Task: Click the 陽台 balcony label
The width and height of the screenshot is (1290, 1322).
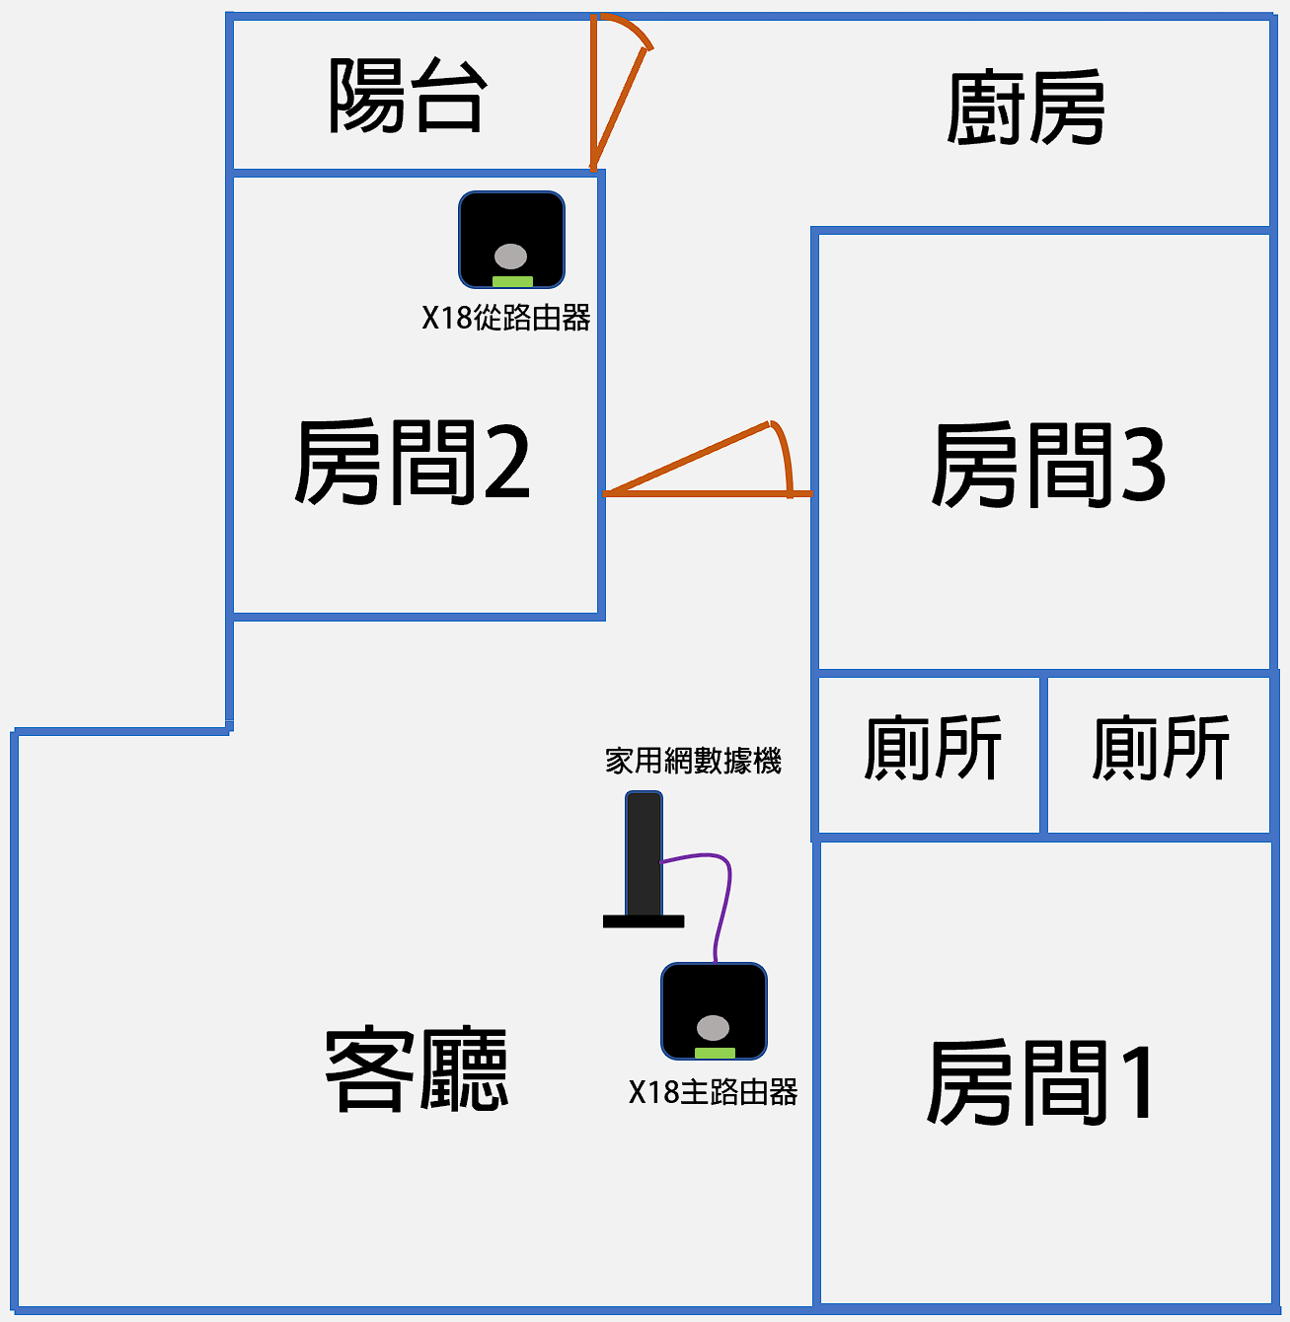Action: (407, 96)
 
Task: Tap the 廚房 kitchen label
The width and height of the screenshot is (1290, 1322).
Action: (1025, 109)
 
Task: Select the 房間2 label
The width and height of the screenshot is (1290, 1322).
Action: (413, 462)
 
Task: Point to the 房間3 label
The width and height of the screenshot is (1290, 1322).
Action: (1048, 466)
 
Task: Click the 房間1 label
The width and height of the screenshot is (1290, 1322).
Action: (1042, 1082)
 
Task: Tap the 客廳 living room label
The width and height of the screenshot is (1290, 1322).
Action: (417, 1069)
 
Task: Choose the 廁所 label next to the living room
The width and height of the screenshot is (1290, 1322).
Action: (933, 749)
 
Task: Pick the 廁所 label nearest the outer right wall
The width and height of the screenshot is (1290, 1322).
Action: (1161, 749)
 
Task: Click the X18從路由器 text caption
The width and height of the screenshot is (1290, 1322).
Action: (506, 318)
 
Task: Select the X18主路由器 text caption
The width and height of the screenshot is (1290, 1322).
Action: (713, 1092)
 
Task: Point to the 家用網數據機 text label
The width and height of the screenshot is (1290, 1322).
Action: (693, 761)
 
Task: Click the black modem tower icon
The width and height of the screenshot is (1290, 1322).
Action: (644, 853)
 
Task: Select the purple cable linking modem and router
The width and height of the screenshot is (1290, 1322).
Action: (726, 893)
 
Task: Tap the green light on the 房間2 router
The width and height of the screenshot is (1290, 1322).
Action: (512, 281)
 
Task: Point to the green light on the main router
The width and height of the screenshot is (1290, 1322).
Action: (715, 1053)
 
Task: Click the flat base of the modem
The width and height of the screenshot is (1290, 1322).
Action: (644, 921)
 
